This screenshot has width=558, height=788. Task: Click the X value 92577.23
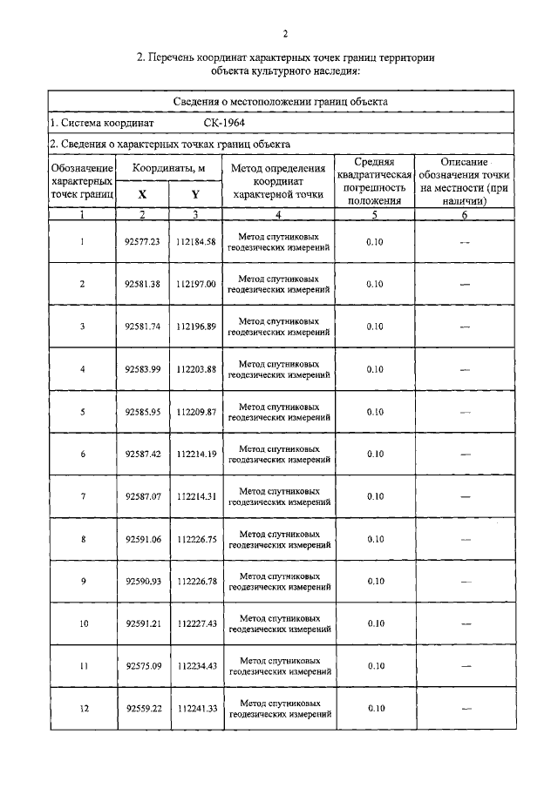(x=143, y=242)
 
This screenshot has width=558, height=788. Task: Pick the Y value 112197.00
(x=195, y=284)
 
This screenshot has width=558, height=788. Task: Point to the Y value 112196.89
(x=195, y=327)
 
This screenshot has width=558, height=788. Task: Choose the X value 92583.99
(x=143, y=369)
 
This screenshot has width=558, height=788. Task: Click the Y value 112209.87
(x=195, y=411)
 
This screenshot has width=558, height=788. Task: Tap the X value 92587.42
(x=143, y=454)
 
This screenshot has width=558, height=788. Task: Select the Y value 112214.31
(x=195, y=496)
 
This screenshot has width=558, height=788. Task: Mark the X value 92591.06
(x=143, y=539)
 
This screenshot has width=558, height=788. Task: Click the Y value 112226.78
(x=195, y=581)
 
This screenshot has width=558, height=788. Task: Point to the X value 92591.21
(x=143, y=623)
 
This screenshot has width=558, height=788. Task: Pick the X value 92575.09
(x=143, y=666)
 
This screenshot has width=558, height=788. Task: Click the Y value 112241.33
(x=195, y=708)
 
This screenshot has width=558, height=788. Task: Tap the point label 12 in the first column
(x=83, y=708)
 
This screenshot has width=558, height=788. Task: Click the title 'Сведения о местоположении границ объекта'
(x=284, y=102)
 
